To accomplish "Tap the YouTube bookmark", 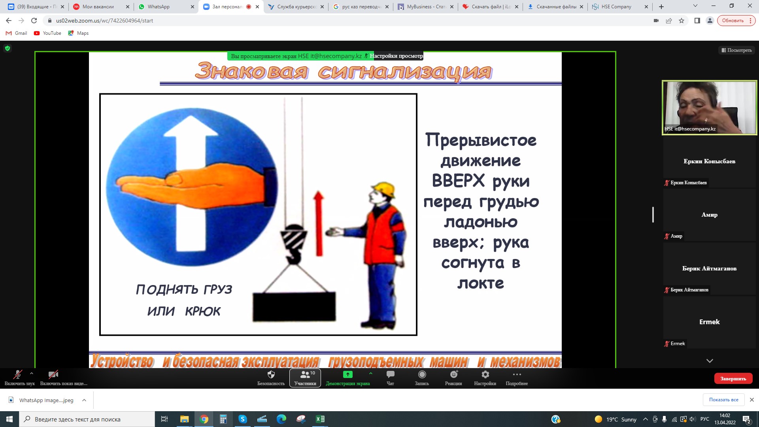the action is point(47,33).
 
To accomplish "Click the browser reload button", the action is point(34,21).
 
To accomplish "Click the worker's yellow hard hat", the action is point(383,189).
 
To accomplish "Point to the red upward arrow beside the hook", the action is point(319,223).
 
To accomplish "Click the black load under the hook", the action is point(294,307).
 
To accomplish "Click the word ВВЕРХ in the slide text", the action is point(458,181).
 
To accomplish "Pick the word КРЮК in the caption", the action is point(203,312).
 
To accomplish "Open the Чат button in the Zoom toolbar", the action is point(390,378).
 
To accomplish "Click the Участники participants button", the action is point(305,378).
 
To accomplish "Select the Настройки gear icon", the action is point(485,374).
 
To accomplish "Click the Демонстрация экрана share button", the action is point(348,378).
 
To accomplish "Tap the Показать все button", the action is point(723,400).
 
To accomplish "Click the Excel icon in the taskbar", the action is point(320,419).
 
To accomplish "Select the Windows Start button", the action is point(9,419).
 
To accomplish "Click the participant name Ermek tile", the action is point(710,322).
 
